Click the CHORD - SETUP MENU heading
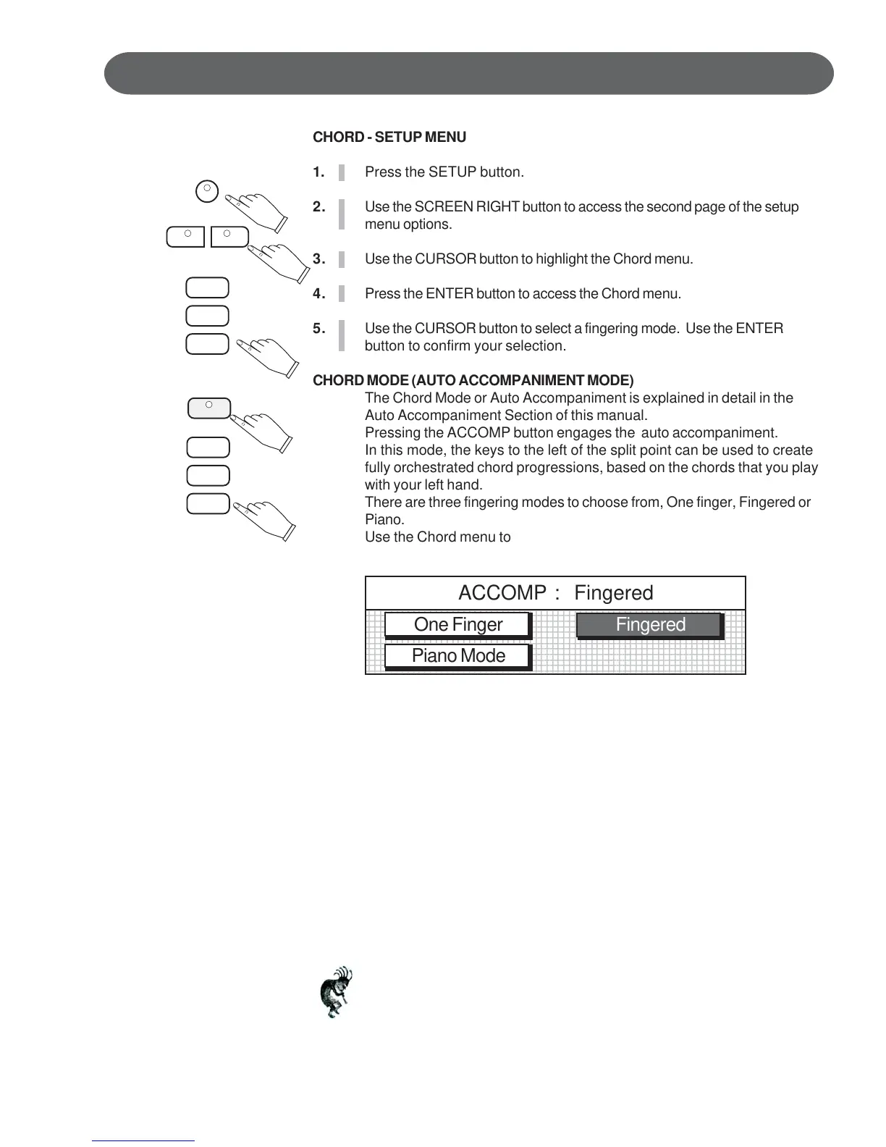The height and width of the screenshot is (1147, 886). click(389, 137)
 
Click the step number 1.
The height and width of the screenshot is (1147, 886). click(318, 172)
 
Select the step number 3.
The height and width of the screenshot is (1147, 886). click(318, 259)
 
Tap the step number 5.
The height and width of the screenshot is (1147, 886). click(318, 329)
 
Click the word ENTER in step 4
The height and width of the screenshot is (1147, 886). click(449, 294)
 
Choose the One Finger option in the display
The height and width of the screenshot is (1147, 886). click(457, 625)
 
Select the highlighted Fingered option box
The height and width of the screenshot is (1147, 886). click(649, 625)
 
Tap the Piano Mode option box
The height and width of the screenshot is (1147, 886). click(457, 656)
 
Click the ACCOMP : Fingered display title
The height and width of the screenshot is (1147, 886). click(555, 593)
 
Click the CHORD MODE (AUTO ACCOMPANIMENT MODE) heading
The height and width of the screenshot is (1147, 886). click(473, 381)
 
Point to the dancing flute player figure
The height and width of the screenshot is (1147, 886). click(337, 991)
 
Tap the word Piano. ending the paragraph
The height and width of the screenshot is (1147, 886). click(384, 520)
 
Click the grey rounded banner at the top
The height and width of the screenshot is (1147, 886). click(468, 74)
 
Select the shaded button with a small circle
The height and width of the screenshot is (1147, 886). click(209, 408)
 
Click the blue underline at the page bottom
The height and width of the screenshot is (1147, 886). click(143, 1140)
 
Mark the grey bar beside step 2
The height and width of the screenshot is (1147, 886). click(342, 215)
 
